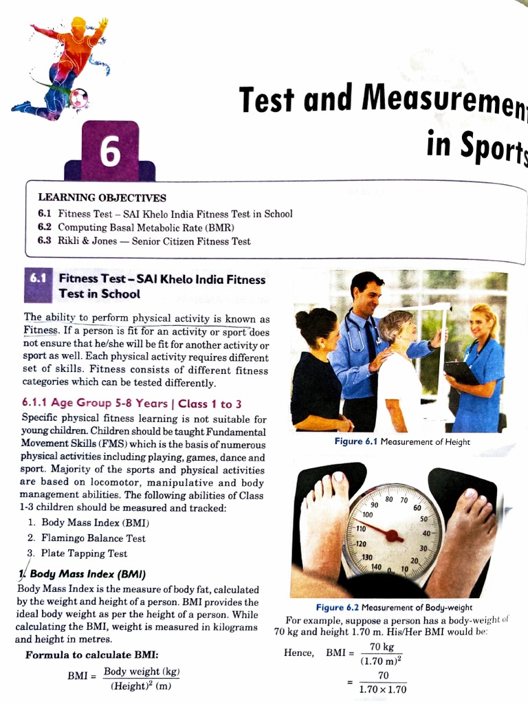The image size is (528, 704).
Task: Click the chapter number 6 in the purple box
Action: click(x=110, y=152)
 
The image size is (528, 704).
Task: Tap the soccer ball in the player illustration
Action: click(x=79, y=100)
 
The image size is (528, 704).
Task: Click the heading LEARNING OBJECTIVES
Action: click(x=102, y=198)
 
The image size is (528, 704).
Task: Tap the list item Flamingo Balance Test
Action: click(x=93, y=538)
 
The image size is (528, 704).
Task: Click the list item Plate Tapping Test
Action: click(x=84, y=553)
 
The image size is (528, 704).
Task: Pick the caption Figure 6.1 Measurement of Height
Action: click(x=402, y=442)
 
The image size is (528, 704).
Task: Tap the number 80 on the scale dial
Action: click(x=389, y=499)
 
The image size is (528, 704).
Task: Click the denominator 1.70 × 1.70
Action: click(x=382, y=690)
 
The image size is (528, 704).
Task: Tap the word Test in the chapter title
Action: click(x=267, y=100)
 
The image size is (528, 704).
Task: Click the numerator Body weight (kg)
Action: click(x=142, y=672)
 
